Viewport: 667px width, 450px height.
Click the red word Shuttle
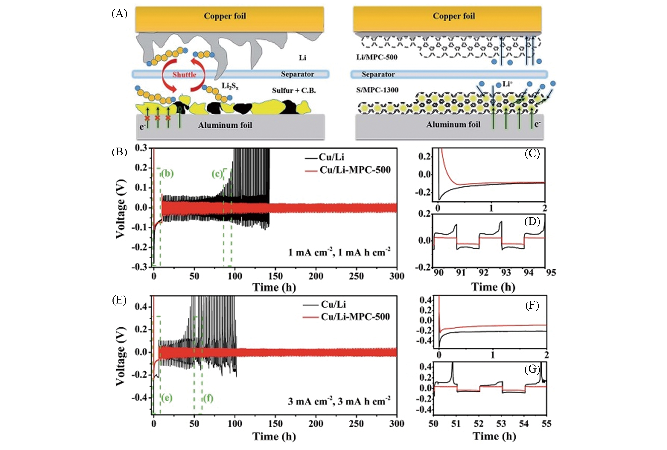[184, 75]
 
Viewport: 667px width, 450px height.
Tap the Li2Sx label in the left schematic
[230, 86]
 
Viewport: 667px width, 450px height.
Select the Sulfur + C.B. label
[294, 91]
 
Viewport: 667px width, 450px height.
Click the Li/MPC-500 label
[377, 57]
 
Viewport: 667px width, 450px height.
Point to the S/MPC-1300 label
[377, 90]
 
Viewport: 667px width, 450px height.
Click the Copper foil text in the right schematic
[454, 16]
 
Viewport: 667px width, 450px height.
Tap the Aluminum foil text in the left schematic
[225, 125]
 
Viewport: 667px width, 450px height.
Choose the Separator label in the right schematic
[378, 74]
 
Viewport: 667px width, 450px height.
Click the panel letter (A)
[119, 14]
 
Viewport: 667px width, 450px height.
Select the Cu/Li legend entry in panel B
[331, 157]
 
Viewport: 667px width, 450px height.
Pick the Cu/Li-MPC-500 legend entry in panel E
[355, 316]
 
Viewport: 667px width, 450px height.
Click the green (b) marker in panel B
[167, 174]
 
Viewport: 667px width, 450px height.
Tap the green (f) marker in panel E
[208, 398]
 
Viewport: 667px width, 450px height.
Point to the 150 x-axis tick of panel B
[275, 276]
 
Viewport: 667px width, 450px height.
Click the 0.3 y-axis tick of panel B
[141, 148]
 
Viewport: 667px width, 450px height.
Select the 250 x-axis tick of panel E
[356, 423]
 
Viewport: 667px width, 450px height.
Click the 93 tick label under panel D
[506, 273]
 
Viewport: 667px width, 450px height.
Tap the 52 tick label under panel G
[478, 423]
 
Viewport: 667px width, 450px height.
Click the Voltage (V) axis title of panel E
[121, 356]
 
